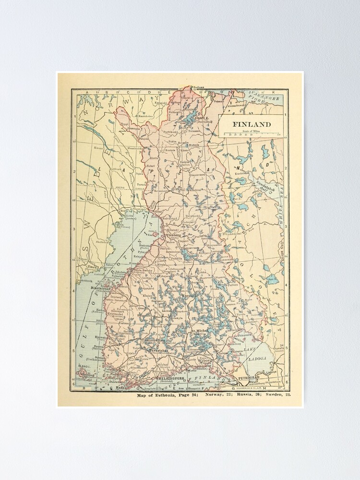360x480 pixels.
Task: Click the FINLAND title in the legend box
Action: (252, 124)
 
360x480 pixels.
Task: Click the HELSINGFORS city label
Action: (171, 378)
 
